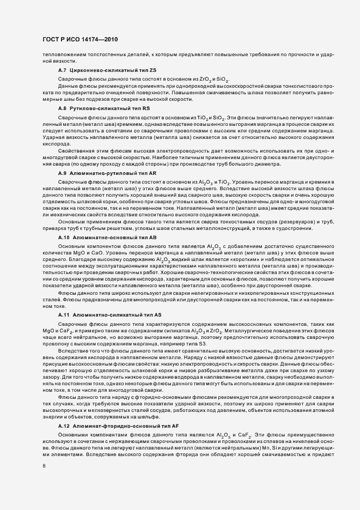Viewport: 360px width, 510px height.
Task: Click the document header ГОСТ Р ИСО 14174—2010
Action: (x=80, y=40)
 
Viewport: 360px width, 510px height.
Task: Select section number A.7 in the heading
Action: (x=62, y=71)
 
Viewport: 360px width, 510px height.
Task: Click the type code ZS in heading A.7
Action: (x=153, y=71)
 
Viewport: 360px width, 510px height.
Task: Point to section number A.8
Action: (x=62, y=109)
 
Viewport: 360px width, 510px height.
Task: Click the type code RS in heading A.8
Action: (x=147, y=109)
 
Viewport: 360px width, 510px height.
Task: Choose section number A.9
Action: (x=62, y=173)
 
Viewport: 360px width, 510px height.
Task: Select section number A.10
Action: (x=64, y=238)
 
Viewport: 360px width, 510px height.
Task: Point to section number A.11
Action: (x=64, y=315)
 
